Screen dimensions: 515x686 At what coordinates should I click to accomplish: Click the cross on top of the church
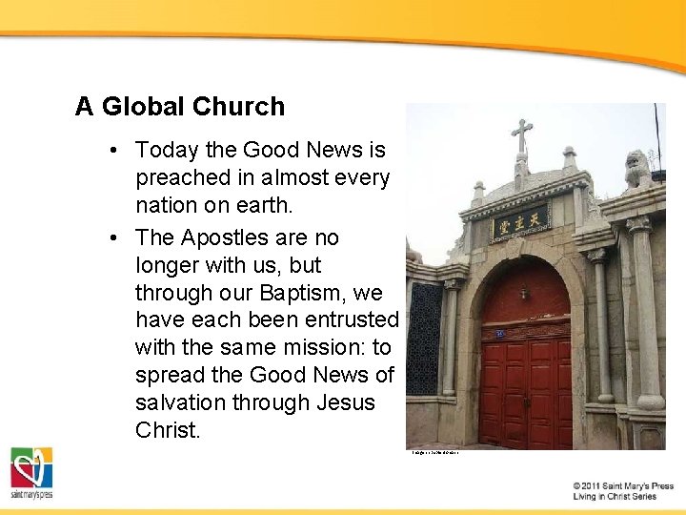[521, 135]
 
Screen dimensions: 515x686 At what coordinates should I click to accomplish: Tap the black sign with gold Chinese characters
[519, 224]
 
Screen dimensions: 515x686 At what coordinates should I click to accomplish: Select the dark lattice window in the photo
[425, 339]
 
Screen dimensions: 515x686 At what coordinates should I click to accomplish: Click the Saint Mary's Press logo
[31, 472]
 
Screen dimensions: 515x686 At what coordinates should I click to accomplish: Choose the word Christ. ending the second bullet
[168, 430]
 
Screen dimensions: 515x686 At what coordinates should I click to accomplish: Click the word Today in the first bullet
[166, 150]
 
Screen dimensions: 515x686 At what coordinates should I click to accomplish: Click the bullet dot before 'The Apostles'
[112, 237]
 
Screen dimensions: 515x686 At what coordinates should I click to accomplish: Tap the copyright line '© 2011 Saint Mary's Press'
[623, 486]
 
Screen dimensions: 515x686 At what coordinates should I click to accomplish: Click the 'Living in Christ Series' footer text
[615, 497]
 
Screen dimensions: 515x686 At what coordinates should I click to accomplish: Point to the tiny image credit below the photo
[435, 453]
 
